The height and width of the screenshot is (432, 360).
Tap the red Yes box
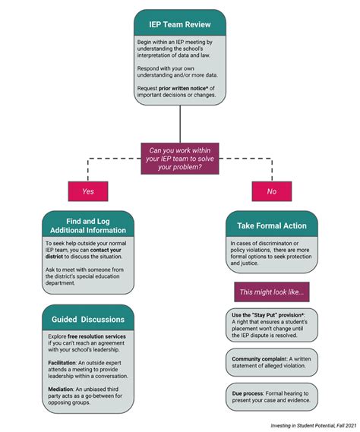pyautogui.click(x=88, y=191)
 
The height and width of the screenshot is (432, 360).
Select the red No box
pyautogui.click(x=271, y=191)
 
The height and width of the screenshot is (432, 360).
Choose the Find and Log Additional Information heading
pyautogui.click(x=88, y=224)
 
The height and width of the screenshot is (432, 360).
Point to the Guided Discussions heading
pyautogui.click(x=88, y=317)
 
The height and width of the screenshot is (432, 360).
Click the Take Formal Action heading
pyautogui.click(x=271, y=225)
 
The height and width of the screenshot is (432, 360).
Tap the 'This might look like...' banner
pyautogui.click(x=271, y=292)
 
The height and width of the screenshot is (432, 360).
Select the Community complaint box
pyautogui.click(x=271, y=362)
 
